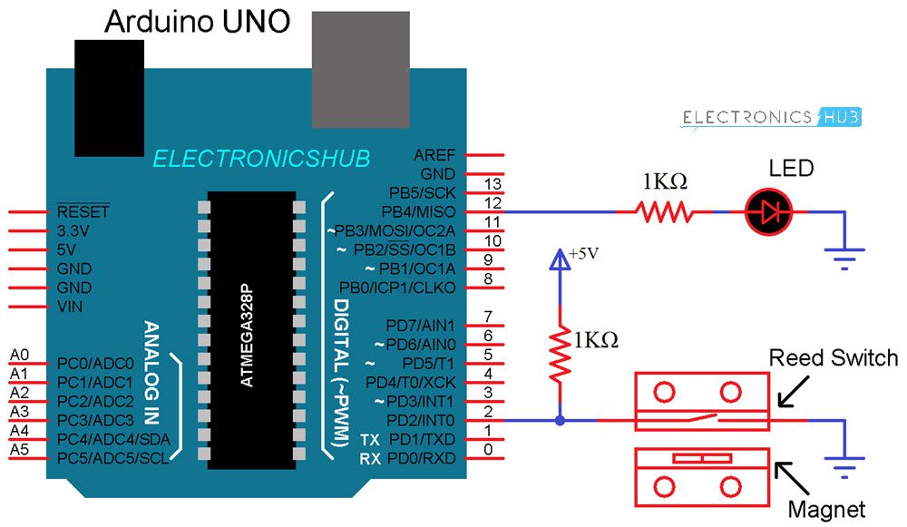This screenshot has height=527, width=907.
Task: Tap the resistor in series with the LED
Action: [x=665, y=212]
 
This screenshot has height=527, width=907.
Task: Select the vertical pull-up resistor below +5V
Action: [x=560, y=350]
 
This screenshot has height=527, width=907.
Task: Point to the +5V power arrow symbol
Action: [x=560, y=260]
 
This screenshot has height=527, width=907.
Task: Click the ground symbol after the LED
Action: [x=845, y=259]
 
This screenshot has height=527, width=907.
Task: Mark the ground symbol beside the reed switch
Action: [x=845, y=469]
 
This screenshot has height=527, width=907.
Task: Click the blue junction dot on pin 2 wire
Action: [x=560, y=421]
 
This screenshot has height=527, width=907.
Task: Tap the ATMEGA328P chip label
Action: [x=248, y=331]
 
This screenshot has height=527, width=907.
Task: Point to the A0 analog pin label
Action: [x=19, y=355]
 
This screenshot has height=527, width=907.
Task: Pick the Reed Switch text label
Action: [x=833, y=357]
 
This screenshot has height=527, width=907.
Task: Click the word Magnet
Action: [x=826, y=510]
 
